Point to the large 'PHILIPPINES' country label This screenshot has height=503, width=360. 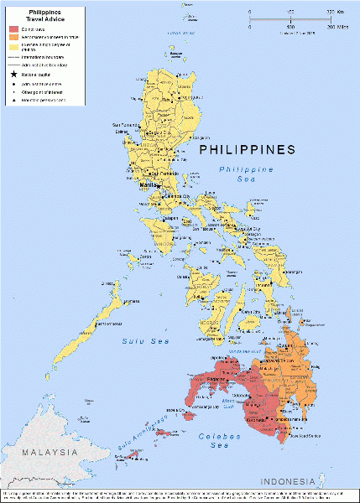click(x=247, y=150)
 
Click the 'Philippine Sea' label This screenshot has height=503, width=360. click(x=247, y=174)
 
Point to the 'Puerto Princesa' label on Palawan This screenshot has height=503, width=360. click(x=130, y=301)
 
